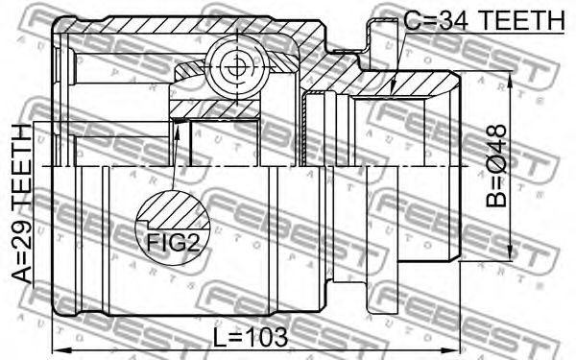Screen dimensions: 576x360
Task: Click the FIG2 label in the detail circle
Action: tap(174, 243)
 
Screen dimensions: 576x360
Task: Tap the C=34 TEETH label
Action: tap(484, 20)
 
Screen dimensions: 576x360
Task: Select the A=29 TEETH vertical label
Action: tap(22, 204)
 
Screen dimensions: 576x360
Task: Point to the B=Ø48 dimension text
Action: tap(496, 166)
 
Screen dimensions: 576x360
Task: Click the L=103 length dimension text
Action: tap(251, 337)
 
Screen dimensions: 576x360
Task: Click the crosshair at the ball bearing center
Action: tap(237, 67)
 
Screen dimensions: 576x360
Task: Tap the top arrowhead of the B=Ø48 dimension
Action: tap(510, 79)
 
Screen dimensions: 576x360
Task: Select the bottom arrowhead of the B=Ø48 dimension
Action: tap(510, 252)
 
